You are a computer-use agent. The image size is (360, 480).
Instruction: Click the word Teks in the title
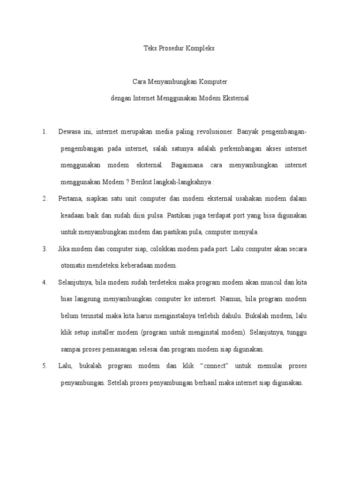[150, 49]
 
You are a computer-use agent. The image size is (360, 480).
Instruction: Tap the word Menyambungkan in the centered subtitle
[170, 82]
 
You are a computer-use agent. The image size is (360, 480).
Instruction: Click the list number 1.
[45, 132]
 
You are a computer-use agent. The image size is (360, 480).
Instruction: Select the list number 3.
[45, 249]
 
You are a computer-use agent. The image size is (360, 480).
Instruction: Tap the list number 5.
[45, 366]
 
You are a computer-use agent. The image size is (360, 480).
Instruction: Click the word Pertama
[71, 199]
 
